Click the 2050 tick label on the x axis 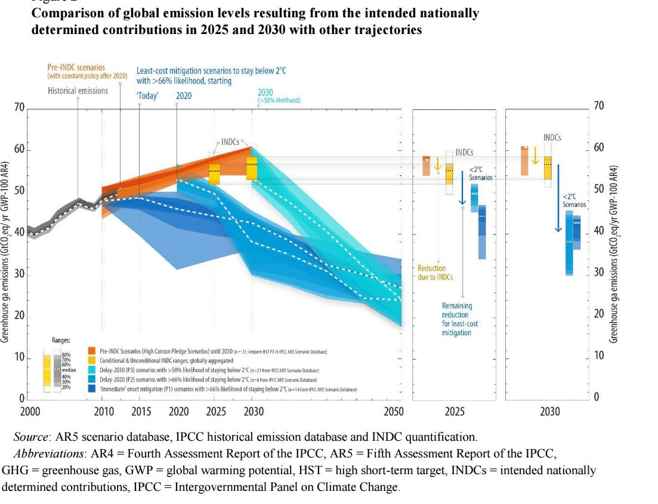coord(393,412)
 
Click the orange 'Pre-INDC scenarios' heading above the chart coord(76,68)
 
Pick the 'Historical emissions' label coord(78,91)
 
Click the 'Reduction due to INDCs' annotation coord(435,273)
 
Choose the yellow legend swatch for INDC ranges coord(92,360)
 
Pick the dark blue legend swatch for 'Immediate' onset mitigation coord(92,388)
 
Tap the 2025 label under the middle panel coord(455,412)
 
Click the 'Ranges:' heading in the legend coord(61,340)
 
